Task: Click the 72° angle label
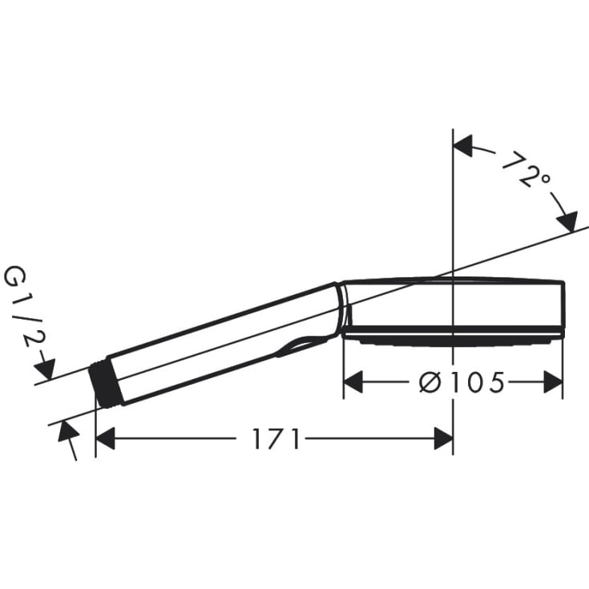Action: pyautogui.click(x=525, y=169)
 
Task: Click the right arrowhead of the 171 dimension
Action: pyautogui.click(x=443, y=438)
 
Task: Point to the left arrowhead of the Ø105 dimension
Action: pyautogui.click(x=353, y=383)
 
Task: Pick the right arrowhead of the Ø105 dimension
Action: pyautogui.click(x=552, y=383)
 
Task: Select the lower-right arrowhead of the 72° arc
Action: pyautogui.click(x=567, y=221)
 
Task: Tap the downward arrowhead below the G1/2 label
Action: pyautogui.click(x=45, y=369)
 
